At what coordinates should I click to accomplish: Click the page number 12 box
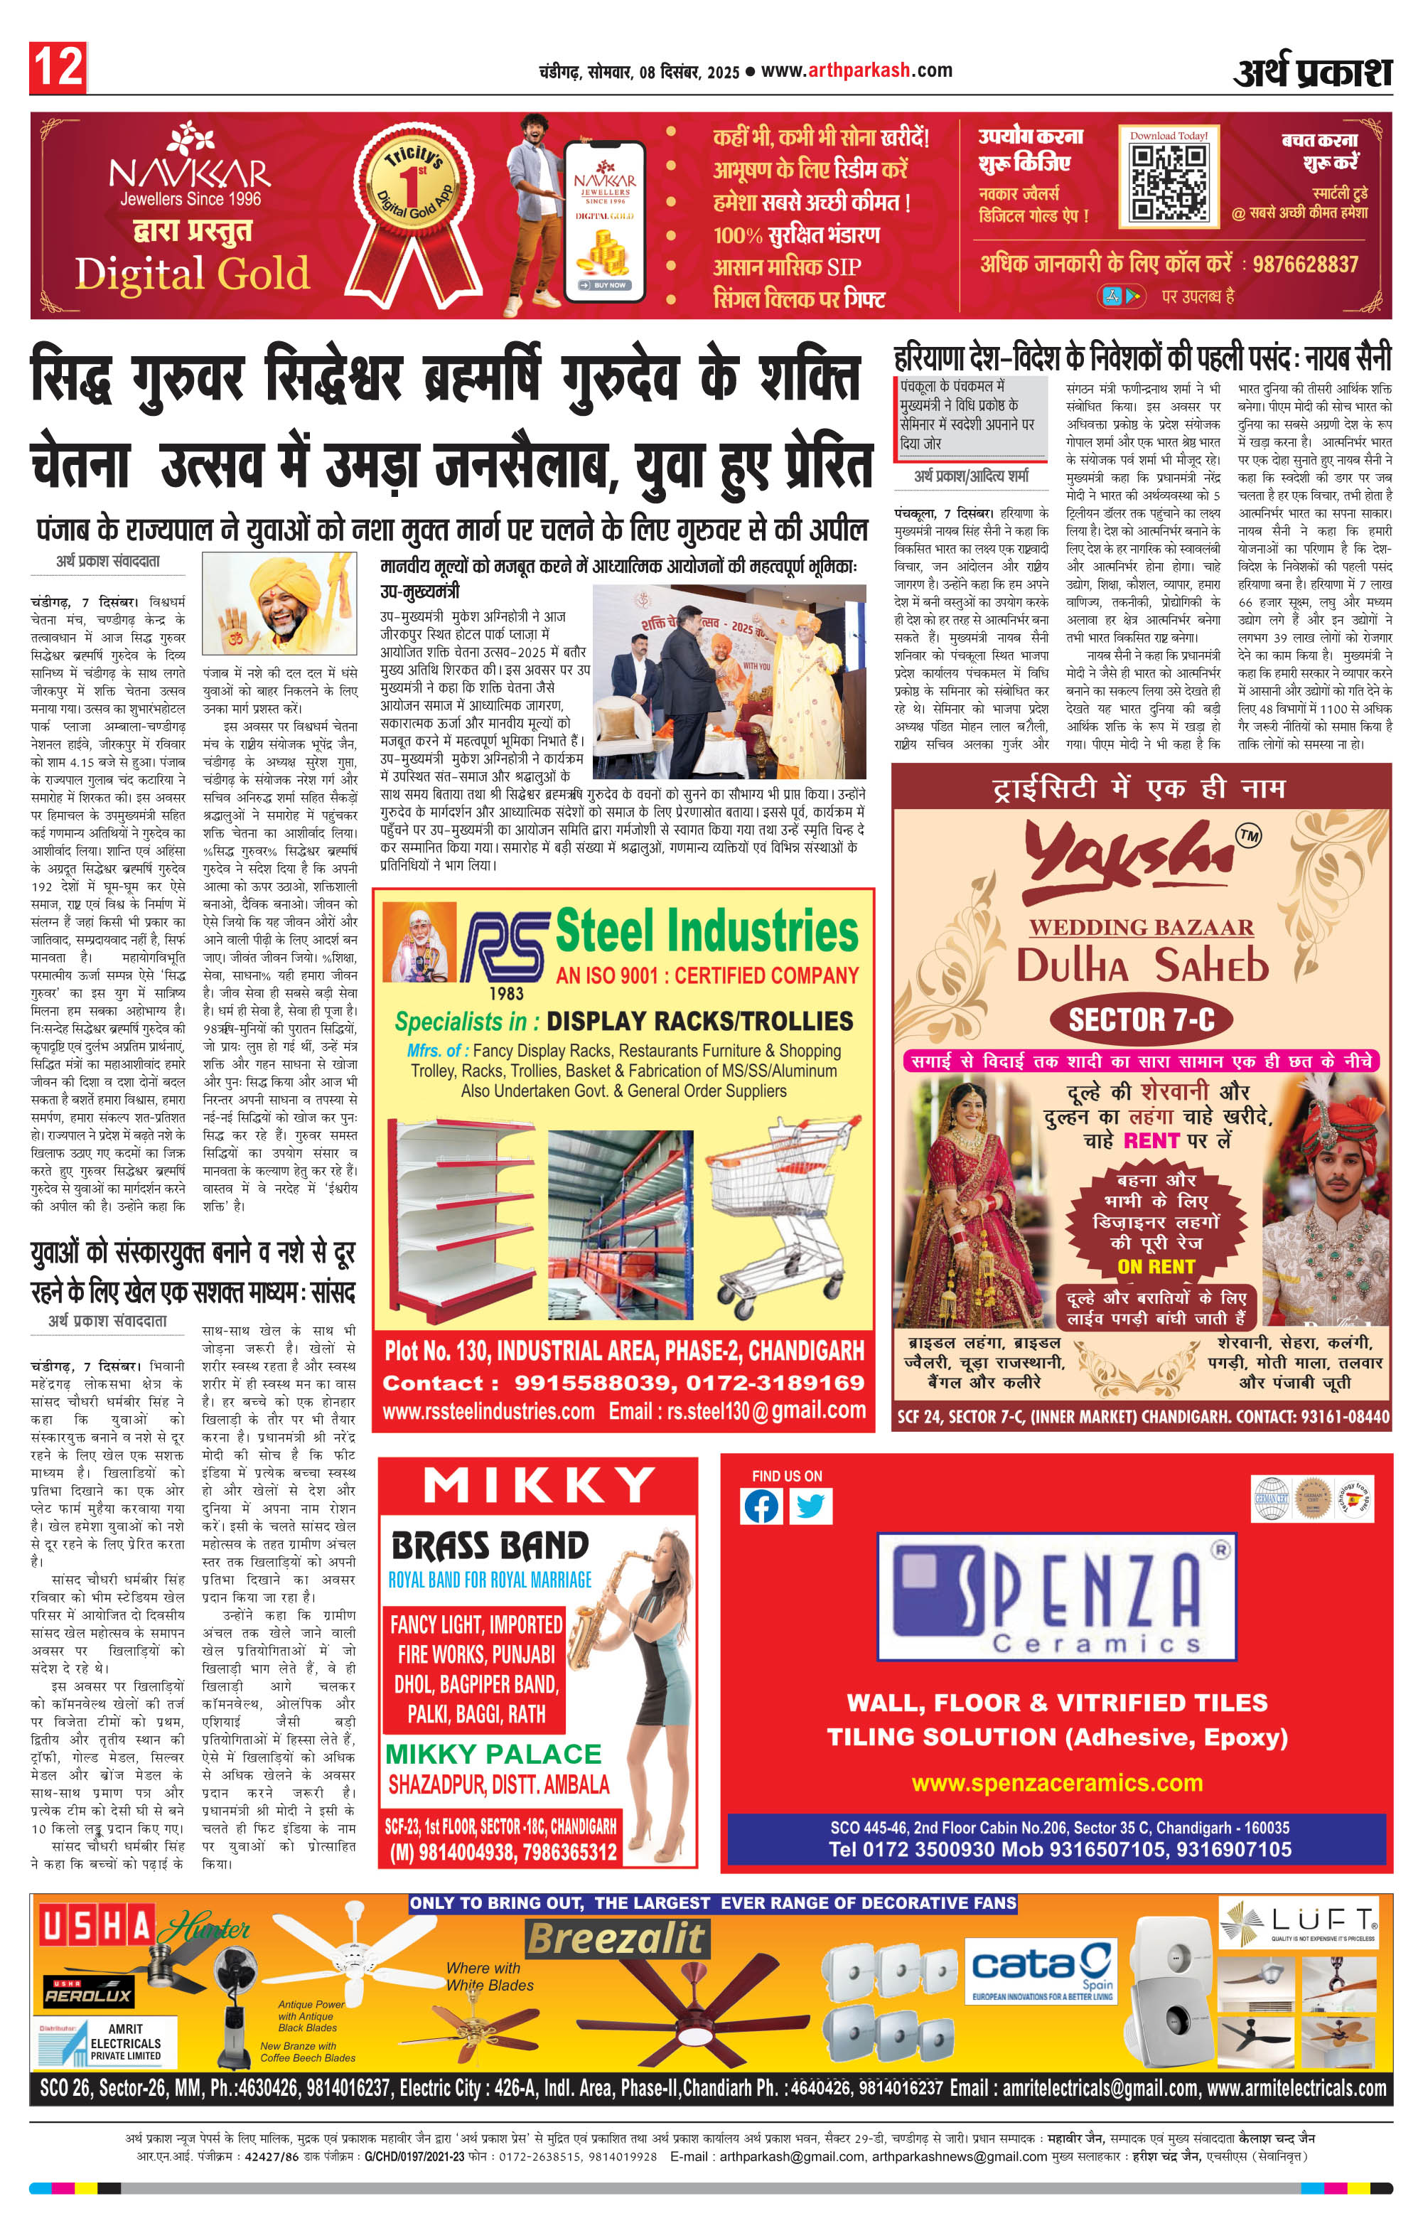pyautogui.click(x=58, y=67)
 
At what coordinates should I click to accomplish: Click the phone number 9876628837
pyautogui.click(x=1305, y=264)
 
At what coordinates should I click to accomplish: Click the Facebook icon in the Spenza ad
pyautogui.click(x=761, y=1506)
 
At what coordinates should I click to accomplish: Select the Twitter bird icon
pyautogui.click(x=810, y=1506)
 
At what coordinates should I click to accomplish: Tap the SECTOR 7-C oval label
pyautogui.click(x=1142, y=1020)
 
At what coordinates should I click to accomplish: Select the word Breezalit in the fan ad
pyautogui.click(x=617, y=1939)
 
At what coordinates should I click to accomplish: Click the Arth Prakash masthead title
pyautogui.click(x=1311, y=72)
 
